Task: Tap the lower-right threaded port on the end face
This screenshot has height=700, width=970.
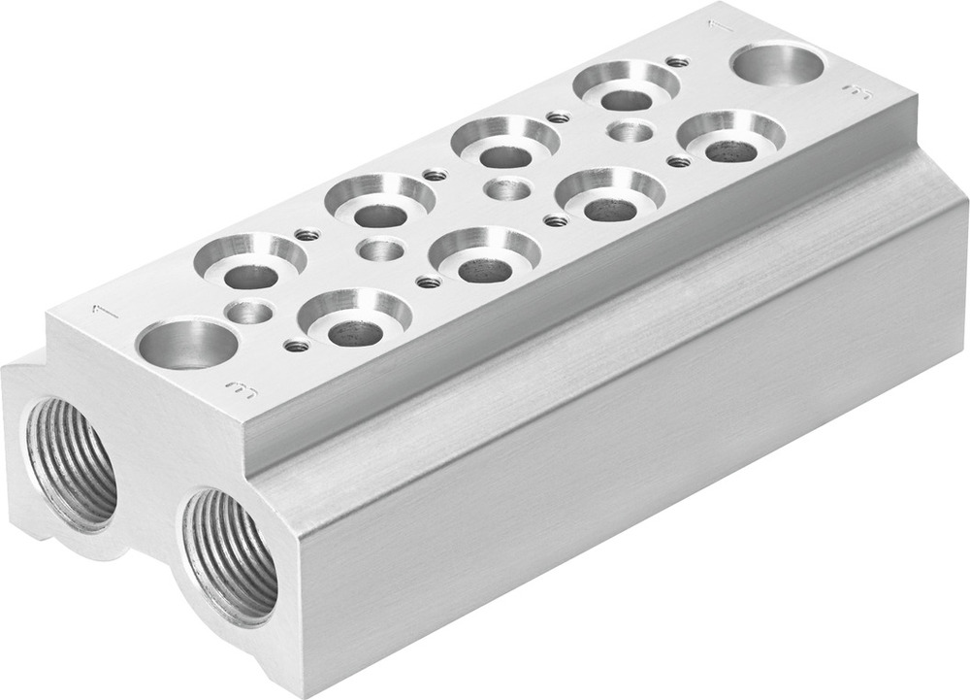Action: click(x=233, y=553)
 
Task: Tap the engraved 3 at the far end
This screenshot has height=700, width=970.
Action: click(x=856, y=92)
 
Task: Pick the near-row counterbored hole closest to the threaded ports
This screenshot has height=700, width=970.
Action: click(x=354, y=319)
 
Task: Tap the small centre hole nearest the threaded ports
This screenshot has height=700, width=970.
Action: click(x=250, y=313)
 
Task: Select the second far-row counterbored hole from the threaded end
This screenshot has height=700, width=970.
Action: click(x=379, y=203)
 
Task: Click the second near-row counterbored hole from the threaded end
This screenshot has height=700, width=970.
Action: click(x=484, y=257)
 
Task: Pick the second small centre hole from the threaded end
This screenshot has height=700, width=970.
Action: click(x=380, y=250)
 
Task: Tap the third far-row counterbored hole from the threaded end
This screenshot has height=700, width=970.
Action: click(x=505, y=144)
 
